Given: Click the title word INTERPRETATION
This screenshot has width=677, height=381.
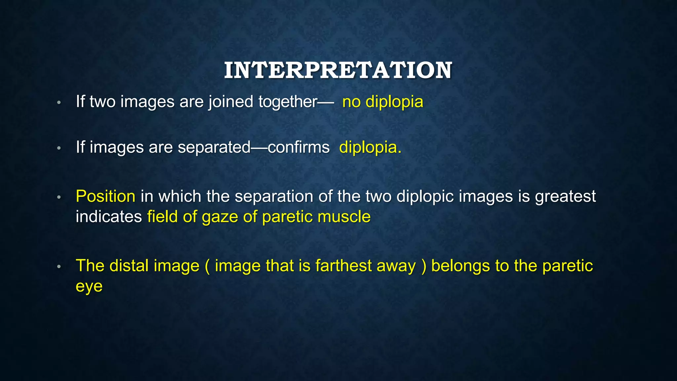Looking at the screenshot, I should tap(338, 70).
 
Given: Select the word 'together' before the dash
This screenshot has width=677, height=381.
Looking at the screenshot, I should tap(288, 102).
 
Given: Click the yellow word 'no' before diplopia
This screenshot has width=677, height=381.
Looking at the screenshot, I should tap(351, 102).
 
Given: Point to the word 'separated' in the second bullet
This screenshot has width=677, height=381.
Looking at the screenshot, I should tap(214, 147).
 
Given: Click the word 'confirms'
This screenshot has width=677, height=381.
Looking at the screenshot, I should tap(299, 147).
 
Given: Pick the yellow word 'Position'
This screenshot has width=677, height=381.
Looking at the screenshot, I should tap(105, 196).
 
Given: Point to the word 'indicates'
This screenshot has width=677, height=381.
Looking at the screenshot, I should tap(109, 217).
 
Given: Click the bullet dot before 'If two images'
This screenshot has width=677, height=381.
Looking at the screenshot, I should tap(59, 103).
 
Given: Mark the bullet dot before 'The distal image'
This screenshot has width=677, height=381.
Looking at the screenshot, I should tap(59, 267).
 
